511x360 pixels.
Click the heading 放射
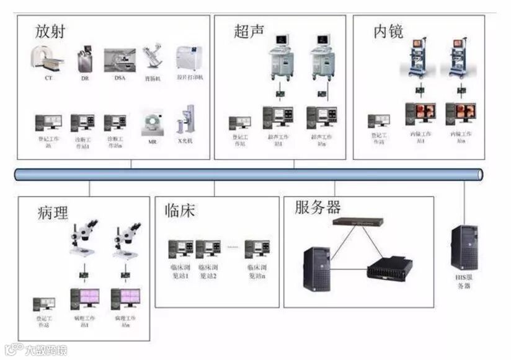click(50, 30)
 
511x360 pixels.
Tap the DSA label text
click(120, 77)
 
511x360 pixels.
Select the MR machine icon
click(151, 122)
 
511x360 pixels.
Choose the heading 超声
click(249, 31)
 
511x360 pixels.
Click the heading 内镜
click(388, 31)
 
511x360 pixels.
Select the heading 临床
click(180, 211)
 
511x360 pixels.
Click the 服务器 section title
click(318, 207)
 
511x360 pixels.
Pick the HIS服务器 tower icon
click(464, 247)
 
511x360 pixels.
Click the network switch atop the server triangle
click(357, 221)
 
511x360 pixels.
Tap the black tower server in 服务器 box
click(318, 268)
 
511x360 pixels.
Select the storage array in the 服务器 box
click(389, 269)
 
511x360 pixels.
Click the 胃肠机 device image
click(152, 59)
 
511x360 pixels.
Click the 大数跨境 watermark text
click(45, 350)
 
